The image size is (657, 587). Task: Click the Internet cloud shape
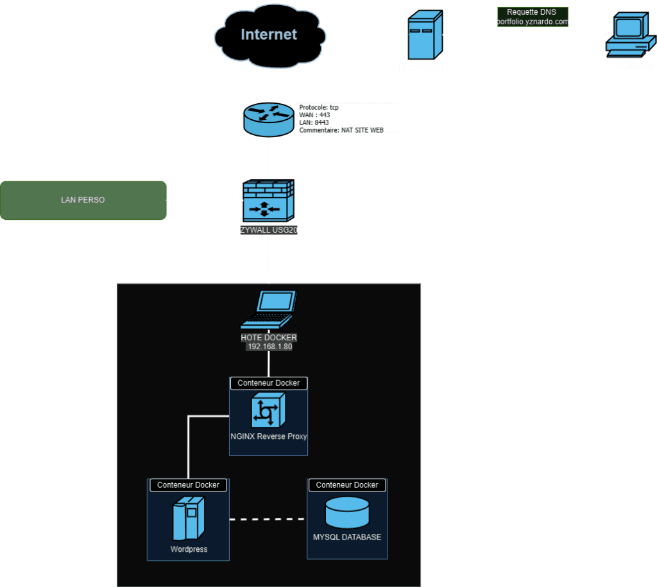click(x=269, y=35)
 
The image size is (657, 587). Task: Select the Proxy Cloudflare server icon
click(x=425, y=36)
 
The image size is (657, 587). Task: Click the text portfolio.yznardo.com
click(x=532, y=22)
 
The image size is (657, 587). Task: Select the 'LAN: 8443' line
click(x=314, y=122)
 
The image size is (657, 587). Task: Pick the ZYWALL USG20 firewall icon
click(x=268, y=201)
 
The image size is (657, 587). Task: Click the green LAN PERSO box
click(x=83, y=201)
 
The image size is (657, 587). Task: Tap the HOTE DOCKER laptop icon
click(x=268, y=310)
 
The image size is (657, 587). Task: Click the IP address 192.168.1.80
click(x=269, y=347)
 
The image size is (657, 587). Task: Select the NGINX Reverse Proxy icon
click(x=268, y=410)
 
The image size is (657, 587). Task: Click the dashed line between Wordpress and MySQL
click(x=268, y=518)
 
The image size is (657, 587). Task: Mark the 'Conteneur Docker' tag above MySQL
click(x=347, y=485)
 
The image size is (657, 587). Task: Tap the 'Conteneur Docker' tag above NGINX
click(x=268, y=383)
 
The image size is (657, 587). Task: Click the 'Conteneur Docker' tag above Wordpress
click(x=188, y=485)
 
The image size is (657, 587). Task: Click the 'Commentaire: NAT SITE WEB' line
click(x=341, y=130)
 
